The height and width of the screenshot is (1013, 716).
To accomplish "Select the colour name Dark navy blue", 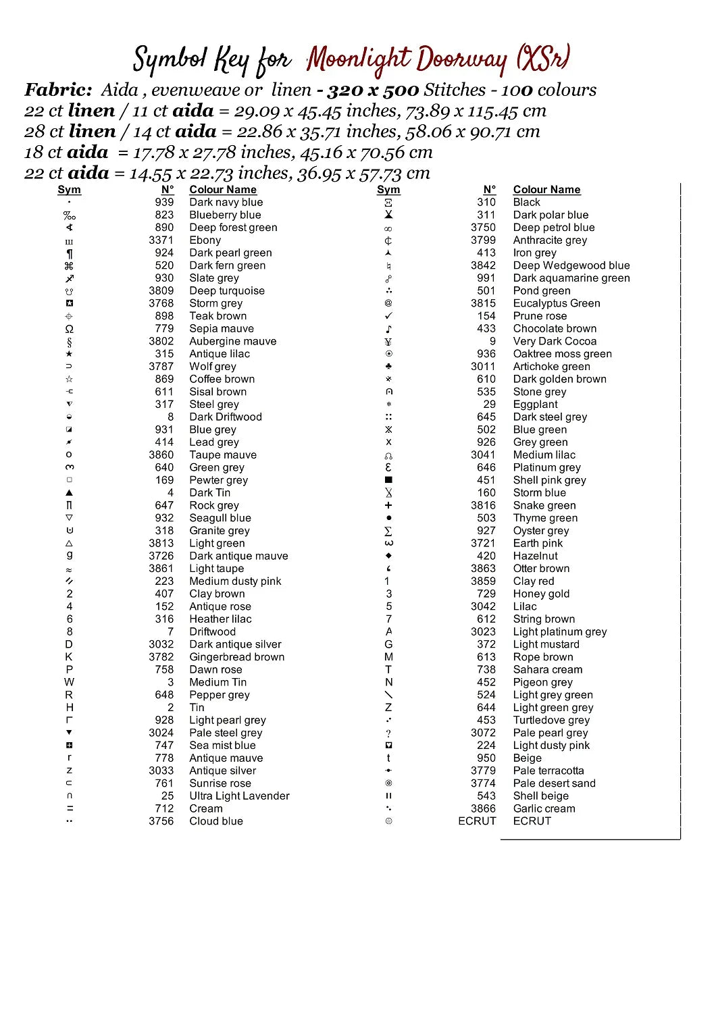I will (226, 202).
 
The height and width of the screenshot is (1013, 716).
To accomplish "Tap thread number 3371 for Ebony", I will (161, 240).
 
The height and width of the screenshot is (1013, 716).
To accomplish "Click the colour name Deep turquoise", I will (226, 291).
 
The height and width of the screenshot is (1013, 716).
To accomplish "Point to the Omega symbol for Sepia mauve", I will (70, 329).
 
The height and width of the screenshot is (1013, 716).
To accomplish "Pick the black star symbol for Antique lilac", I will (70, 354).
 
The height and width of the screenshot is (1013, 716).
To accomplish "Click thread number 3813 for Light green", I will (161, 544).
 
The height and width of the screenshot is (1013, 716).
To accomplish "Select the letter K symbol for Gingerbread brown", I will (70, 657).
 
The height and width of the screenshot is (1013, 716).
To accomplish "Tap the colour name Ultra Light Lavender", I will (239, 796).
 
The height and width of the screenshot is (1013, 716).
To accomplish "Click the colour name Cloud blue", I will (215, 821).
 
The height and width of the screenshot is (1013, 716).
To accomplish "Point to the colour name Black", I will (526, 202).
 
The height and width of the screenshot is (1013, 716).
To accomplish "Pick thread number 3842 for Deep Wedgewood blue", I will (484, 265).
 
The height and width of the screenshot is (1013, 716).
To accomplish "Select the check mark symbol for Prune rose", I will (388, 316).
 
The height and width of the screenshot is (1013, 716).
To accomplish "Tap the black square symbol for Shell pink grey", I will (388, 480).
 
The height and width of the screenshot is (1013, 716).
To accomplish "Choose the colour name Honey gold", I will (541, 594).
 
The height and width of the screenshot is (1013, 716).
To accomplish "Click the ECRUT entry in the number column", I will (477, 821).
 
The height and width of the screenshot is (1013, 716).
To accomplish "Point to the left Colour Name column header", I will (222, 190).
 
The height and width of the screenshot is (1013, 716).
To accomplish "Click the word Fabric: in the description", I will (58, 90).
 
